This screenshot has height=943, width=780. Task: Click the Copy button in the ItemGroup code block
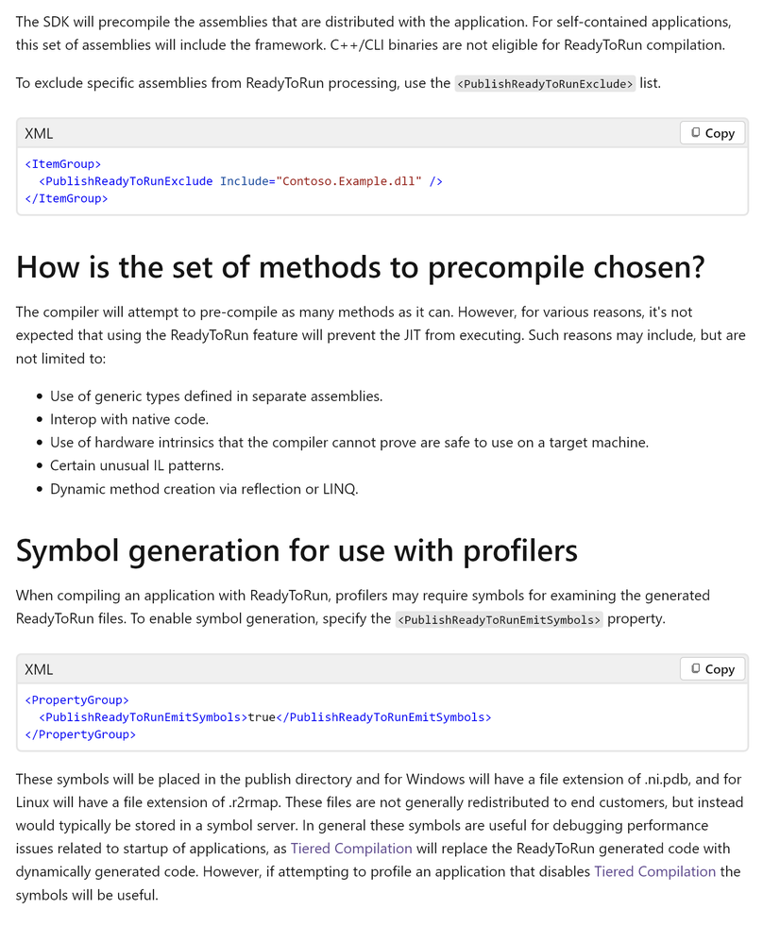pos(712,133)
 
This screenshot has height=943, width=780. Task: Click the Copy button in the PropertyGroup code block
pos(712,668)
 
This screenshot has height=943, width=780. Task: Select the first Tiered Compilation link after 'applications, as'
pos(351,849)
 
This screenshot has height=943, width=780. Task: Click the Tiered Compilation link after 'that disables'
pos(654,871)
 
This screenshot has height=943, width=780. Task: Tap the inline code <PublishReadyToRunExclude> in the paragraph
pos(545,83)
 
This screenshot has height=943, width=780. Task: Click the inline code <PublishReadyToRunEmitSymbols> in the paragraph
pos(499,619)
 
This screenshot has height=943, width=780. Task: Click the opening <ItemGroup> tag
pos(62,163)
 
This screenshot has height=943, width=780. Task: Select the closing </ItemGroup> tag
pos(66,198)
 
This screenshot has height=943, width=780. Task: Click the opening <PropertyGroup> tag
pos(76,699)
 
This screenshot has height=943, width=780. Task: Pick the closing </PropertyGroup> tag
pos(80,734)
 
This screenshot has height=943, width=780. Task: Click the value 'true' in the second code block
pos(261,716)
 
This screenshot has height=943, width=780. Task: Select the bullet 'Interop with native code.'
pos(129,419)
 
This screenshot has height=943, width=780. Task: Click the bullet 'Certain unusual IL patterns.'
pos(137,465)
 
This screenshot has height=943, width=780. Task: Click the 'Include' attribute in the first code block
pos(243,180)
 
